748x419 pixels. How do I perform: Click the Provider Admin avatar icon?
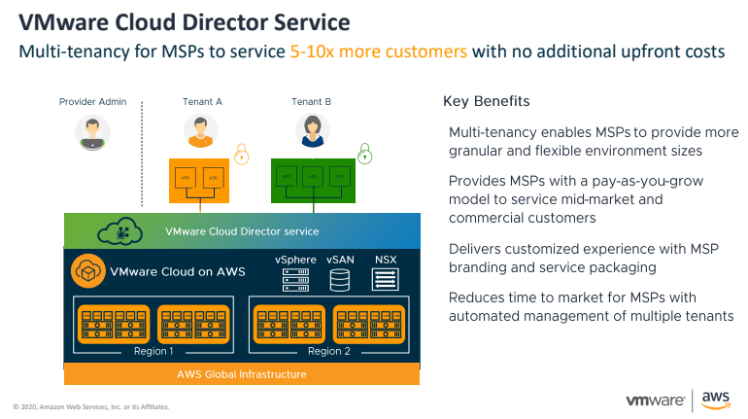92,132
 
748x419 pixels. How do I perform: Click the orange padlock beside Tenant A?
242,152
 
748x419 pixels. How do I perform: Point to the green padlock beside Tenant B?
364,153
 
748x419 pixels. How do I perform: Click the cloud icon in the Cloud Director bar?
121,232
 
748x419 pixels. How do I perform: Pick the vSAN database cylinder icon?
340,280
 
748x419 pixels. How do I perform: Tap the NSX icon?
386,280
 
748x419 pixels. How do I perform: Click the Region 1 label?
153,351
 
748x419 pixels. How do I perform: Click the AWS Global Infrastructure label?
241,374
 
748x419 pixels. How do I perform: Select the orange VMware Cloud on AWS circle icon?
87,272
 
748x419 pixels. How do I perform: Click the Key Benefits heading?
487,101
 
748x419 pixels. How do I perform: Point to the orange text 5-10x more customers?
378,51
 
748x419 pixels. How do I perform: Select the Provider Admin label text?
92,101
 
